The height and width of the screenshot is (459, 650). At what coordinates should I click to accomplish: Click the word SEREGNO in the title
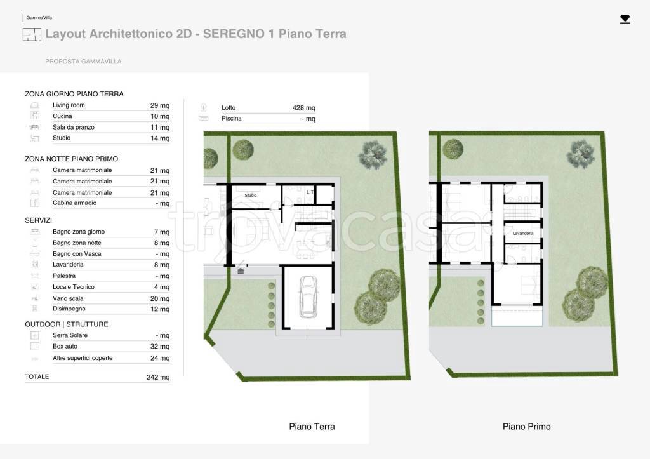[x=234, y=34]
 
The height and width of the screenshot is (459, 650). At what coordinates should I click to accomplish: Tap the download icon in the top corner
[x=625, y=20]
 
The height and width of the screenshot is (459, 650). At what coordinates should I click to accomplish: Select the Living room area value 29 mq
[x=159, y=105]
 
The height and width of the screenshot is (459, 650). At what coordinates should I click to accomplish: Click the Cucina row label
[x=62, y=116]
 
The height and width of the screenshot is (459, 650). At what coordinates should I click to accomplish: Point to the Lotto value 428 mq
[x=304, y=108]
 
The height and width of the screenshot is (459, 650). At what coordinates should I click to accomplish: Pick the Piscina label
[x=231, y=119]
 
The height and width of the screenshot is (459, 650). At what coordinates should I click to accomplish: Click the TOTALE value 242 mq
[x=158, y=377]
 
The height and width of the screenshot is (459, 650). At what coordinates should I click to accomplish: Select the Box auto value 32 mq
[x=159, y=346]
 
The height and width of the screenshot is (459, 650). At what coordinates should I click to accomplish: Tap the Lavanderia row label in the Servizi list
[x=68, y=265]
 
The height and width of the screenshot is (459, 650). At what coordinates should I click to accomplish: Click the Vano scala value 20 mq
[x=159, y=298]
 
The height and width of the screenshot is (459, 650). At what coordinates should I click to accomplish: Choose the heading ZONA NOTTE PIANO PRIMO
[x=71, y=159]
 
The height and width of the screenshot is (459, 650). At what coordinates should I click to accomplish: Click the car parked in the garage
[x=308, y=297]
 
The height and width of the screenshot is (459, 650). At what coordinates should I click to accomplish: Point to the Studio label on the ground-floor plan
[x=250, y=196]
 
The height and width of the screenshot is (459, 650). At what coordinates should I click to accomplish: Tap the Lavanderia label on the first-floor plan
[x=523, y=234]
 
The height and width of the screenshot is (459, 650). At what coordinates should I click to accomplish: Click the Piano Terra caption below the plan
[x=312, y=426]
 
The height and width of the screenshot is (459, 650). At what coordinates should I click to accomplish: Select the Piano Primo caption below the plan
[x=526, y=426]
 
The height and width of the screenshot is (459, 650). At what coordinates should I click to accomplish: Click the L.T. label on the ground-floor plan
[x=310, y=192]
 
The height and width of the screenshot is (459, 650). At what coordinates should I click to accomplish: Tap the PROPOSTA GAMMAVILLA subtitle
[x=83, y=62]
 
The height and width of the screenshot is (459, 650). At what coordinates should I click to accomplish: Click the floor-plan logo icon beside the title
[x=32, y=34]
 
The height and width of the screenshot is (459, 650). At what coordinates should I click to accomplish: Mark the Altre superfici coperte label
[x=83, y=358]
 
